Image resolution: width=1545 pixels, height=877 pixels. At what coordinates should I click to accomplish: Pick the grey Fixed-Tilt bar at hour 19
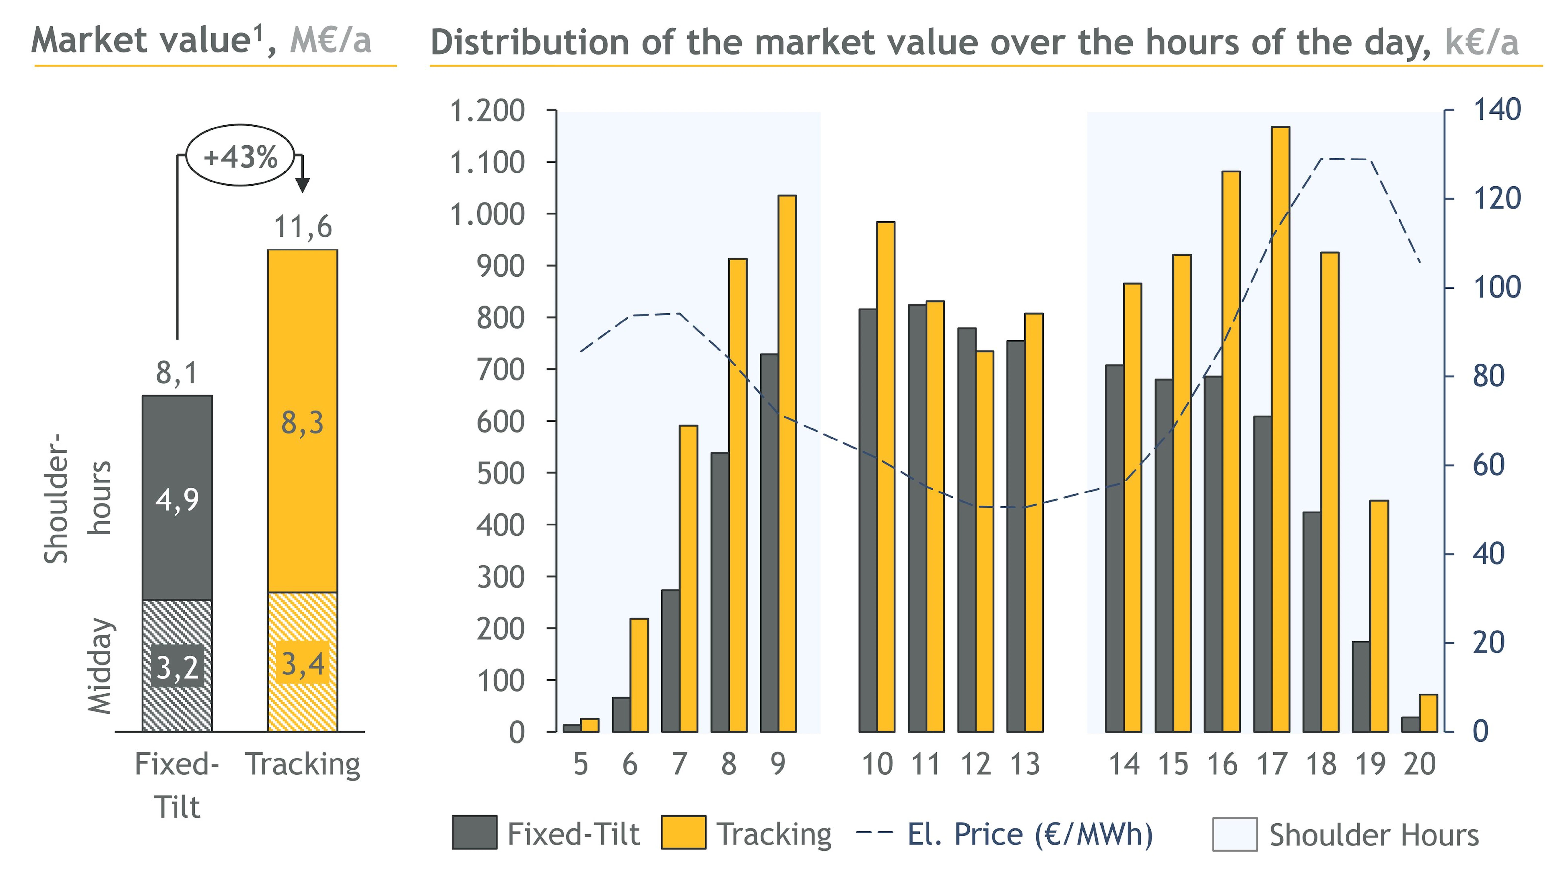coord(1361,687)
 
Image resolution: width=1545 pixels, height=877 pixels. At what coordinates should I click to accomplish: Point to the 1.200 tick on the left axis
coord(487,111)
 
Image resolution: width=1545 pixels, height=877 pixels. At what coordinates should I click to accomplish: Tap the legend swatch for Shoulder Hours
coord(1234,834)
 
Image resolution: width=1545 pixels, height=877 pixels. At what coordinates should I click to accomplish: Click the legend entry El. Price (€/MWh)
coord(1029,834)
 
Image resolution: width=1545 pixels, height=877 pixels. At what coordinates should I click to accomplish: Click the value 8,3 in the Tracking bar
coord(302,423)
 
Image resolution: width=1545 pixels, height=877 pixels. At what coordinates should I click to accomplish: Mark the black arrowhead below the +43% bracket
coord(302,184)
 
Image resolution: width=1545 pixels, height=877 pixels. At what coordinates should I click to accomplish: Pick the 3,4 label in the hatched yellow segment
coord(302,664)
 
